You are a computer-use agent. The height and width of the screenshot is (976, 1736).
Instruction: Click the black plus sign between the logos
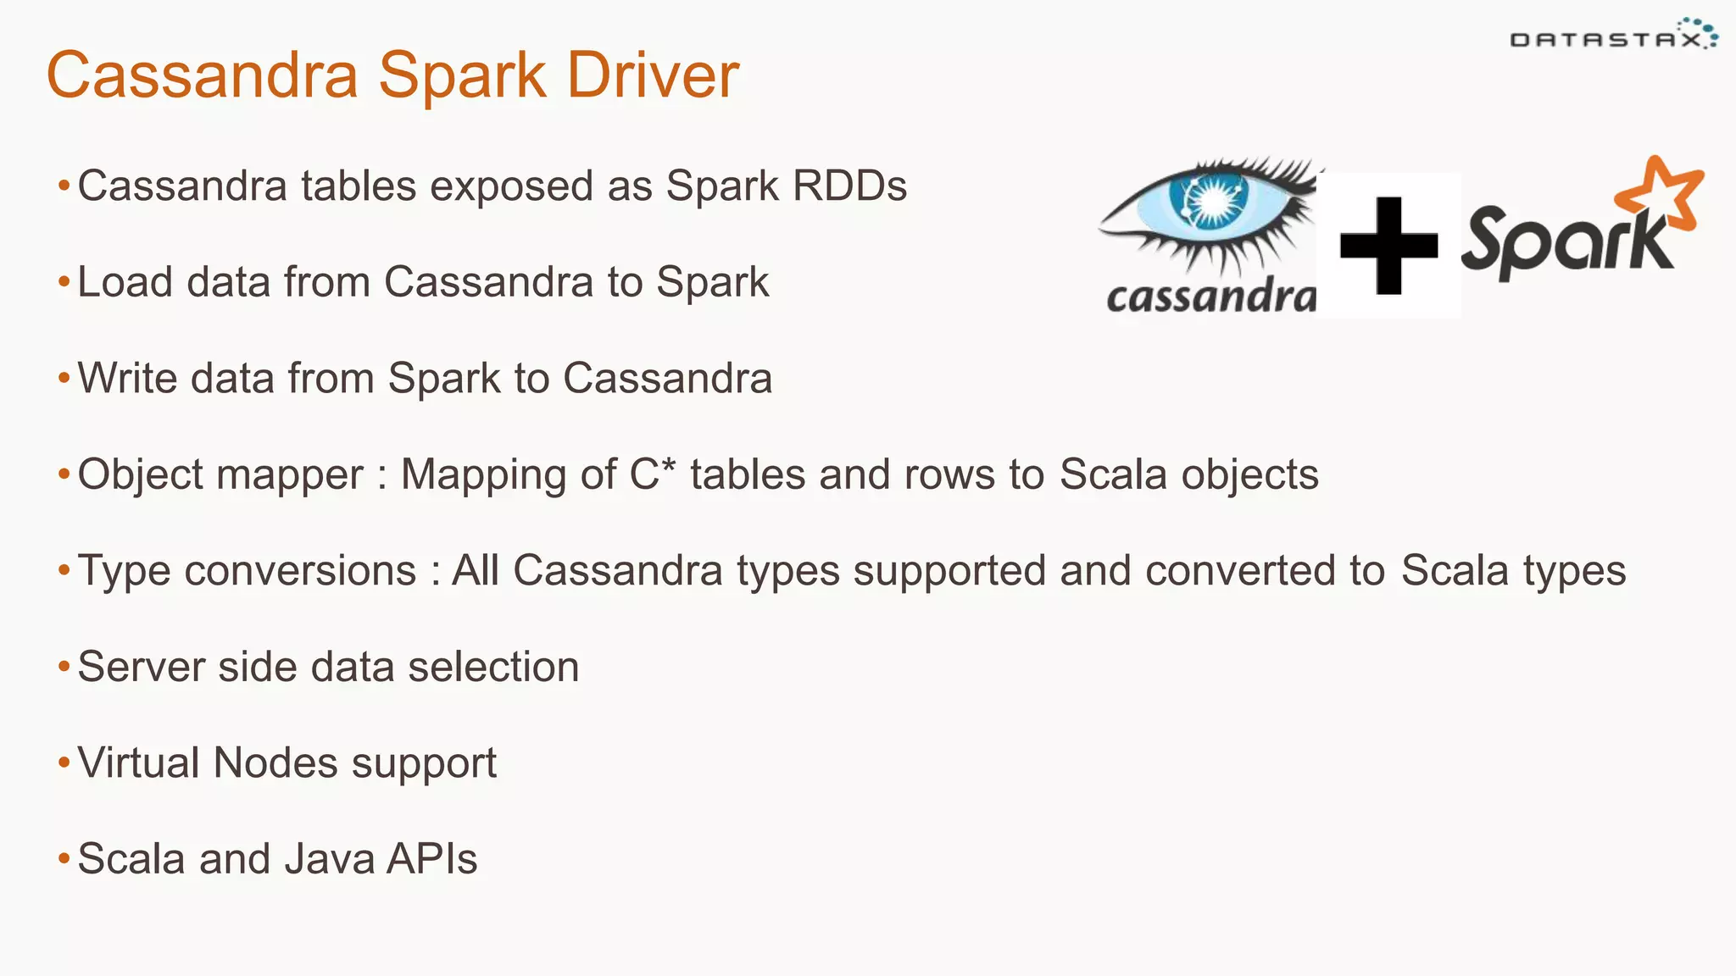click(x=1388, y=245)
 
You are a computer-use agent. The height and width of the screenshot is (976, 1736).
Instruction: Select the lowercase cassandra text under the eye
click(x=1210, y=297)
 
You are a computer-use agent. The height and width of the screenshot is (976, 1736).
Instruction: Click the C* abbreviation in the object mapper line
click(x=652, y=474)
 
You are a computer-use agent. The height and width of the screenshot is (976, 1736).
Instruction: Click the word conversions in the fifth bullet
click(x=300, y=570)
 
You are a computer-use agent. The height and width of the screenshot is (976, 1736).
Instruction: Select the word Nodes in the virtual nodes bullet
click(x=275, y=762)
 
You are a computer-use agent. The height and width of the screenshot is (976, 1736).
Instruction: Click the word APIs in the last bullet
click(x=431, y=859)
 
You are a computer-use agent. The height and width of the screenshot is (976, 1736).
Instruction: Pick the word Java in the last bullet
click(x=330, y=859)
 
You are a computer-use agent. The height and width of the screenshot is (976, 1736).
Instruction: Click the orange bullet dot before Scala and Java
click(x=64, y=860)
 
